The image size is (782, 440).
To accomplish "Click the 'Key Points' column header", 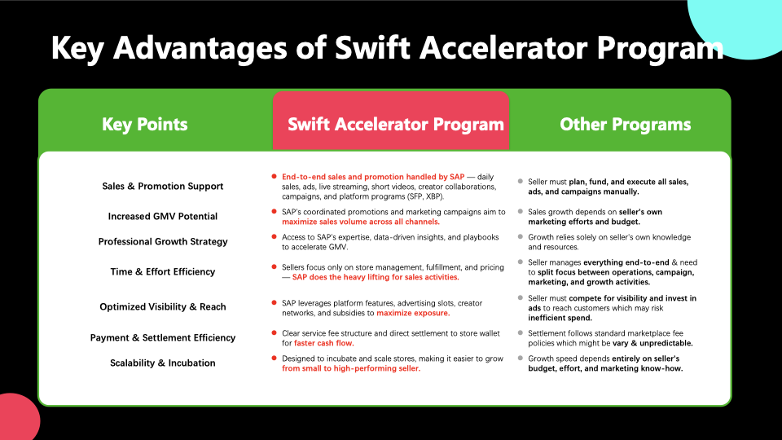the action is (145, 124).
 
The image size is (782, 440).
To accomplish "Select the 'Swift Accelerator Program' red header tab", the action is (391, 121).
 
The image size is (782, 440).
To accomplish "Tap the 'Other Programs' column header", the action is (625, 124).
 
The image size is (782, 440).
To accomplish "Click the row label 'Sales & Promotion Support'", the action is (163, 186).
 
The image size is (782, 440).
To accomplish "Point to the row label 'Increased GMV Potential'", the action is (163, 216).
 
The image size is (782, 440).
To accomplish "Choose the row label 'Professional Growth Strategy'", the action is (163, 241).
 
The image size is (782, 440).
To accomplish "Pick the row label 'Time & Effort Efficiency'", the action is (163, 272).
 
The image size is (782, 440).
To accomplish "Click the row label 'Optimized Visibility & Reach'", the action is (163, 307).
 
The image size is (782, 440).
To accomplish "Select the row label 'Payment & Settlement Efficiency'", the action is (163, 337).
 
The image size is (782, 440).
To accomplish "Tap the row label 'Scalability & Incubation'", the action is (163, 363).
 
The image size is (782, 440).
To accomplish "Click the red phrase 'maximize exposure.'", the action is (413, 313).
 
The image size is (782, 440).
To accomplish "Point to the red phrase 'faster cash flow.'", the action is (323, 343).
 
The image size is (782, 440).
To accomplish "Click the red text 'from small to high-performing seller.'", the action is (351, 368).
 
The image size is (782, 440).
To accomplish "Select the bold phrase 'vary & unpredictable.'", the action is (652, 343).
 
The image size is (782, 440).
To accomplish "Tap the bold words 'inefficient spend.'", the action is (560, 318).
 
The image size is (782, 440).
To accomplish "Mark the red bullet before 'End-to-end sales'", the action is (274, 177).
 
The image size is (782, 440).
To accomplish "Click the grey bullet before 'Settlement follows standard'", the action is (521, 332).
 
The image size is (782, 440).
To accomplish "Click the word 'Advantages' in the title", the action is (200, 48).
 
